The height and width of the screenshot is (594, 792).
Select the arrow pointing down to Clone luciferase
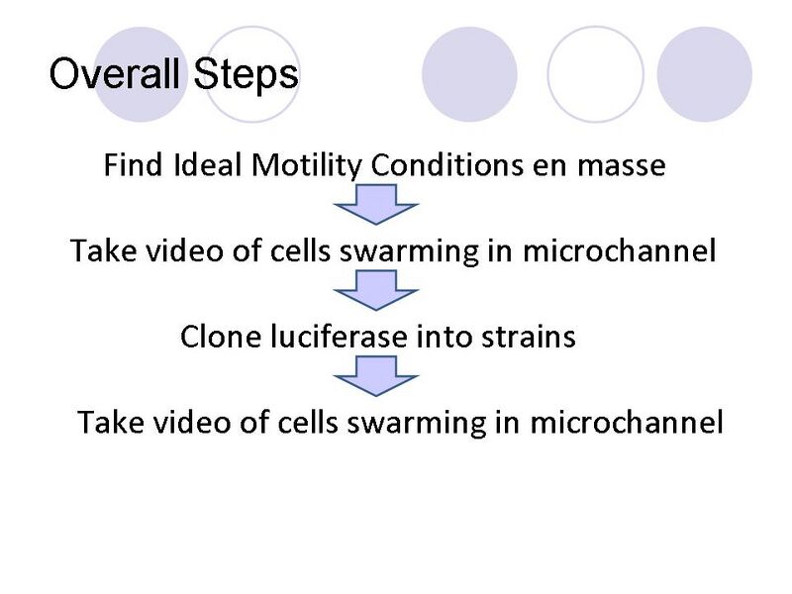point(377,290)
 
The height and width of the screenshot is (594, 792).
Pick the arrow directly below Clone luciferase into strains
point(377,376)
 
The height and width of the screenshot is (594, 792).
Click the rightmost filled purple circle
point(705,74)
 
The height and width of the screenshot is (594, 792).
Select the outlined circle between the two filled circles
point(595,74)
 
